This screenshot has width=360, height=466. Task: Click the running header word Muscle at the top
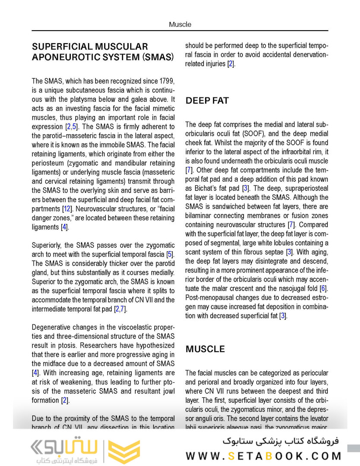coord(180,25)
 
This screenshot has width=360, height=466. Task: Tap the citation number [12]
coord(66,209)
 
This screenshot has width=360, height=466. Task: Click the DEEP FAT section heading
coord(207,101)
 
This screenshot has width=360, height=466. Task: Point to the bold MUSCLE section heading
coord(205,349)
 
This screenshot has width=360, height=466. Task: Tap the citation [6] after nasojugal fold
coord(324,288)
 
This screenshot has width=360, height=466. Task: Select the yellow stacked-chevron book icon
coord(124,452)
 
